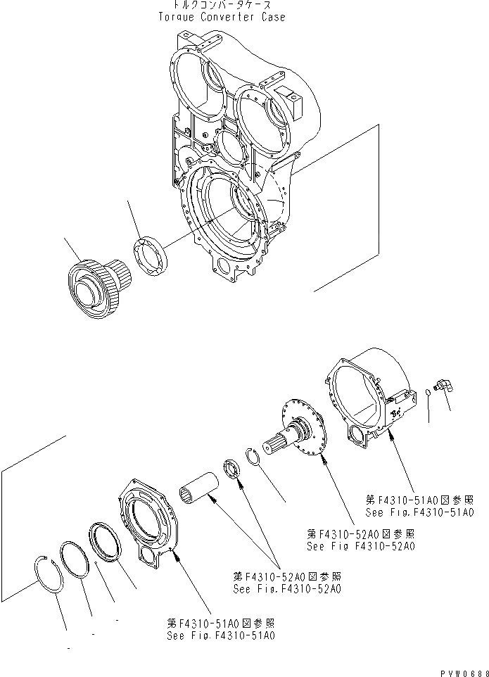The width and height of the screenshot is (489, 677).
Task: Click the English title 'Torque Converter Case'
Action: (222, 17)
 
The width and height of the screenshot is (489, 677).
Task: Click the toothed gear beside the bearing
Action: (95, 283)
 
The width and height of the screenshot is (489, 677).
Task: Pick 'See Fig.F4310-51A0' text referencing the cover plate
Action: (220, 635)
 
